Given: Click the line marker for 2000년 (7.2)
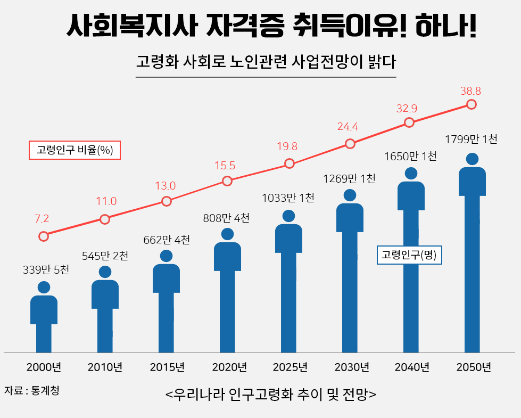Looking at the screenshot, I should (x=44, y=236).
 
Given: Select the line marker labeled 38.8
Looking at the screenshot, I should (x=471, y=104).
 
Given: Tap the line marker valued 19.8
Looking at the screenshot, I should (x=289, y=163).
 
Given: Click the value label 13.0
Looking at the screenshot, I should (x=165, y=186).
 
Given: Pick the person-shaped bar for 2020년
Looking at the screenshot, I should (x=227, y=298).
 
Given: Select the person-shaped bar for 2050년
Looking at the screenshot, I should (x=472, y=261).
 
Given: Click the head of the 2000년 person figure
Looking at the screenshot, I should (x=44, y=288).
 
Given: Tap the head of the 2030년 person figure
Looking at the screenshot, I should (x=350, y=195).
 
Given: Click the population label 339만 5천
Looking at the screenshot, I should (x=46, y=270).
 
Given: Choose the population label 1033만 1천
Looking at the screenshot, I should (x=288, y=198).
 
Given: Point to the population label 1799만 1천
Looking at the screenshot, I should (x=471, y=140).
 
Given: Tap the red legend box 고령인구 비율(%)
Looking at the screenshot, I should (x=75, y=150).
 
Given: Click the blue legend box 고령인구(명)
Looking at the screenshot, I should (x=409, y=255).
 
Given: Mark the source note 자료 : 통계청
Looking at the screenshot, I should (x=31, y=390).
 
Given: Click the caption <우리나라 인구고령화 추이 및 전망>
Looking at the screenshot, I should (x=271, y=395).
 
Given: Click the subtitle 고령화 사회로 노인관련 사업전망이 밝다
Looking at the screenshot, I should (x=266, y=61).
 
